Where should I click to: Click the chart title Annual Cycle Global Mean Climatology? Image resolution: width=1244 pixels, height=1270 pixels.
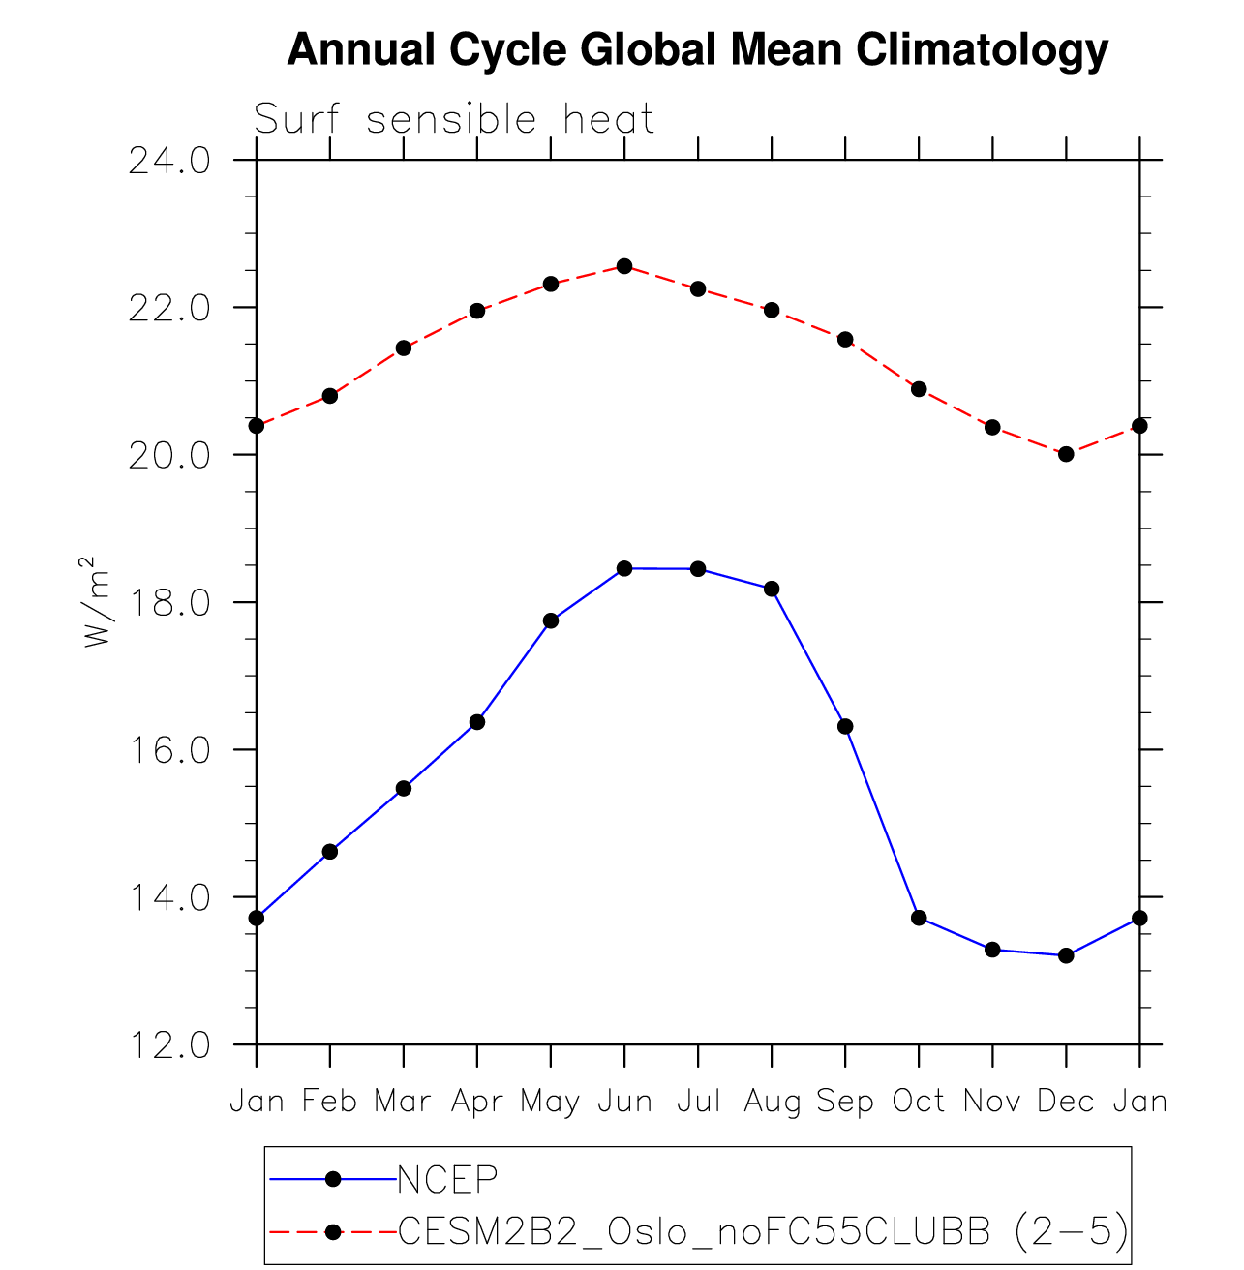pos(697,49)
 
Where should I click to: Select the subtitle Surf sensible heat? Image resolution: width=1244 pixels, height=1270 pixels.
pos(454,120)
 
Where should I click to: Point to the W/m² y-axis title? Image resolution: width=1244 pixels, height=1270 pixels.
pos(94,602)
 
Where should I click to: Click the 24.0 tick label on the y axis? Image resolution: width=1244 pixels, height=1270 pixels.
pos(170,161)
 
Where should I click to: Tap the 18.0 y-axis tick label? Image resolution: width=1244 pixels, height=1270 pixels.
pos(170,603)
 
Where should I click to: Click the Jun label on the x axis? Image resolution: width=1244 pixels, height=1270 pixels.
pos(624,1102)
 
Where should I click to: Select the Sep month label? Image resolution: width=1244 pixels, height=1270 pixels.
pos(845,1102)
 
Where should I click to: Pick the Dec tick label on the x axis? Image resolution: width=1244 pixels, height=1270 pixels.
pos(1066,1102)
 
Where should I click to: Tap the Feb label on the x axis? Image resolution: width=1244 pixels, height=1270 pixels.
pos(330,1102)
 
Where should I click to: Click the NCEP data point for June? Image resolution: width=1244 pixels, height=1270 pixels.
pos(624,568)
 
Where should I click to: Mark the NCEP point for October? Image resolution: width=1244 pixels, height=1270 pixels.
pos(919,918)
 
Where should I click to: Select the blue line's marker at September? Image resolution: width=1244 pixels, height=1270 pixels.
pos(845,726)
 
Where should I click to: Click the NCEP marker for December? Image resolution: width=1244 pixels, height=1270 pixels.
pos(1066,955)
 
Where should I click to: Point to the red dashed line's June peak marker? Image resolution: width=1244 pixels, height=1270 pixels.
pos(624,266)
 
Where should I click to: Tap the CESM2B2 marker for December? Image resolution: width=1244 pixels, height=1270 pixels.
pos(1066,454)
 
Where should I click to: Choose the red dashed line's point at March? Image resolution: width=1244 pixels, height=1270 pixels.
pos(404,348)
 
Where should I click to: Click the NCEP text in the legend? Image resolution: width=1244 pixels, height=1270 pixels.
pos(447,1179)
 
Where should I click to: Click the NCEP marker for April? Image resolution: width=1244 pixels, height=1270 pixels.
pos(477,722)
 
